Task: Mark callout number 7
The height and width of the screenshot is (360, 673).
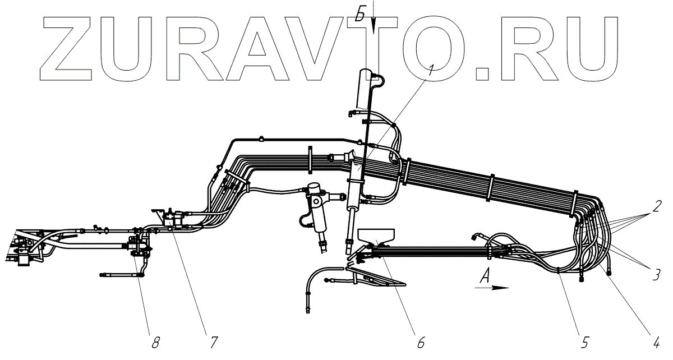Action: point(214,340)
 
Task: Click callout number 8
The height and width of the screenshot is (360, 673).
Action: point(155,340)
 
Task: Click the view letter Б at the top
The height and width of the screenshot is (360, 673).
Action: point(361,15)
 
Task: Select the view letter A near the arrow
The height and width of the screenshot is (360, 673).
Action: point(486,274)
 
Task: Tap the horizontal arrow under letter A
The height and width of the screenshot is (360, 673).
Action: point(492,288)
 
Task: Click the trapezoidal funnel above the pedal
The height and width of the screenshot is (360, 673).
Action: point(376,236)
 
